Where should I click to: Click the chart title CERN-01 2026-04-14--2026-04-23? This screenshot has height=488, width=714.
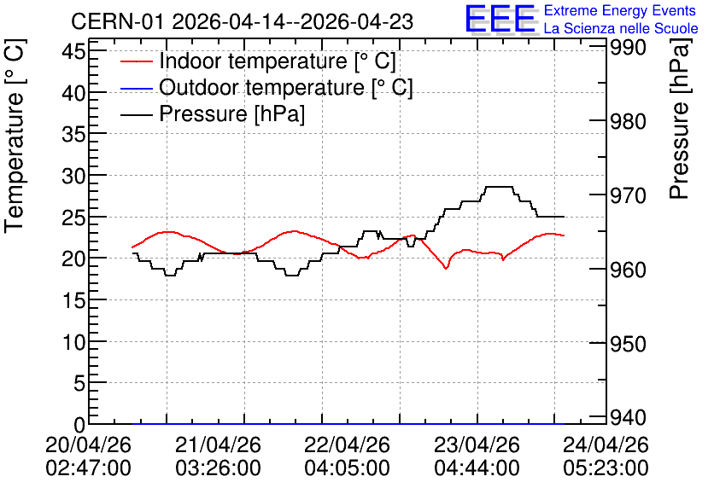click(x=243, y=21)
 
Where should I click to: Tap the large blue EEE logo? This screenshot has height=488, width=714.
click(x=500, y=19)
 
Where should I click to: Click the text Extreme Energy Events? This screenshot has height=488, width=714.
click(x=620, y=10)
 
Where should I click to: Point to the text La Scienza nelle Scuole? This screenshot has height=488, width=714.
click(x=621, y=28)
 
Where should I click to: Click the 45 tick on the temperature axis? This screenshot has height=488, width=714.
click(x=73, y=51)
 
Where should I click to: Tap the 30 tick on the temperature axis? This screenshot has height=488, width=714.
click(x=73, y=176)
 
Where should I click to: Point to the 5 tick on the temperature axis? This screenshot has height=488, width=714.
click(x=79, y=383)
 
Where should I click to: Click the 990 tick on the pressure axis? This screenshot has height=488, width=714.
click(x=628, y=47)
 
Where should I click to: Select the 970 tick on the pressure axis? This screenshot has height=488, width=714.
click(x=628, y=195)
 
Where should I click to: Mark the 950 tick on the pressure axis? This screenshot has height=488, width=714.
click(x=628, y=344)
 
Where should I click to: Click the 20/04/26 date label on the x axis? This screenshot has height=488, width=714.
click(x=88, y=444)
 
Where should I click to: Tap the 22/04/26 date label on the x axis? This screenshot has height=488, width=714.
click(x=347, y=444)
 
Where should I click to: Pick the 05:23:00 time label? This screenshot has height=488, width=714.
click(x=606, y=468)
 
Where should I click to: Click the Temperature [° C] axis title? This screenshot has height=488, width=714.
click(x=15, y=136)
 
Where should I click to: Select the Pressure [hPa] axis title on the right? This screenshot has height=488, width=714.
click(x=680, y=119)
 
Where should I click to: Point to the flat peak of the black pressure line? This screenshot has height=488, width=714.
click(x=499, y=187)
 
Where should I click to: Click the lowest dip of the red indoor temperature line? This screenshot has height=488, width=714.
click(x=446, y=269)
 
